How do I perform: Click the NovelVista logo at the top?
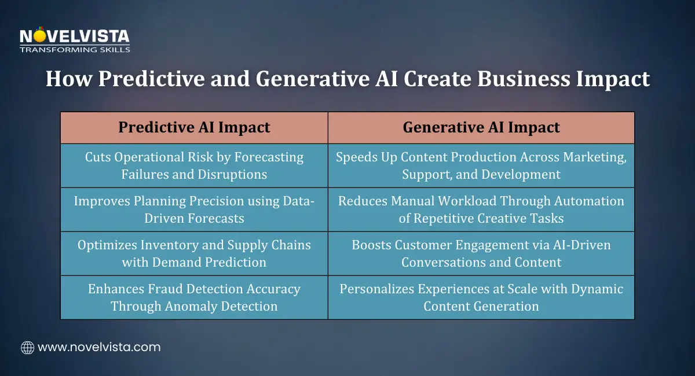pos(75,38)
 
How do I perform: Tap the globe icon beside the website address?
pos(27,348)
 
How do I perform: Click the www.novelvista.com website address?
pos(99,348)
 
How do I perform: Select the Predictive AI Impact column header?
pos(194,127)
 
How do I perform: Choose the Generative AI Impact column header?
pos(481,127)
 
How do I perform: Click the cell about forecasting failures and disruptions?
pos(194,165)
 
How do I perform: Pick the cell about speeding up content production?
pos(481,165)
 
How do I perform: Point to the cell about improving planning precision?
pos(194,209)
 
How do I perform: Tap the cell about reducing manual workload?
pos(481,209)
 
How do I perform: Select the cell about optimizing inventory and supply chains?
pos(194,253)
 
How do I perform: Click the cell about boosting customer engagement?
pos(481,253)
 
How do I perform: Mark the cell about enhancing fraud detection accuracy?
pos(194,297)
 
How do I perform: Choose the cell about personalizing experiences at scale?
pos(481,297)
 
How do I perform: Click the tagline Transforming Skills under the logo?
pos(75,50)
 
